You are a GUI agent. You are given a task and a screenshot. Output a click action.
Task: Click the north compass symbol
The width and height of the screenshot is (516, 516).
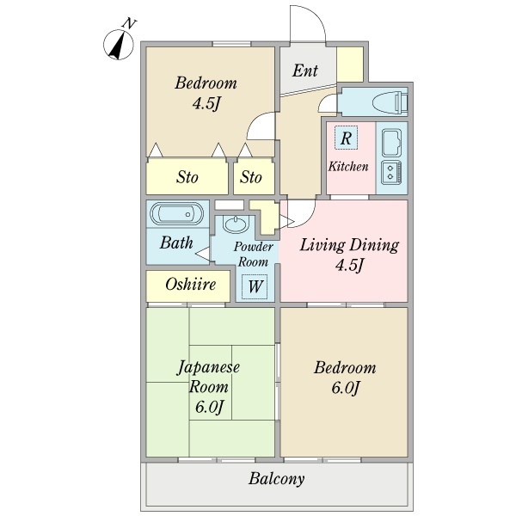coord(119,45)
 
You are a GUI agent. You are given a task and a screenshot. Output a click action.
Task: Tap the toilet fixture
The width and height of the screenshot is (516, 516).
coord(390,101)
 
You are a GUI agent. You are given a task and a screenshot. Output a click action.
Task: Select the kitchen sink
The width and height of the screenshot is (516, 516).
coord(391,143)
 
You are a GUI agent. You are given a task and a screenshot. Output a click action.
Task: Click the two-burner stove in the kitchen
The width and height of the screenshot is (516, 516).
coord(391,173)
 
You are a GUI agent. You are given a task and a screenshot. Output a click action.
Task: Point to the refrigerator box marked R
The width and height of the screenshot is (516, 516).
coord(346,138)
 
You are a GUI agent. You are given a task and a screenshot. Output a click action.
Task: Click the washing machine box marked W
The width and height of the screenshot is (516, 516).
coord(255,286)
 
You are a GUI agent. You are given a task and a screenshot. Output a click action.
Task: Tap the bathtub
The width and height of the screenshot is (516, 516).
coord(176,214)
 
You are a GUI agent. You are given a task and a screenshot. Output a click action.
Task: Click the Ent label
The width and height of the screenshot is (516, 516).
coord(305,71)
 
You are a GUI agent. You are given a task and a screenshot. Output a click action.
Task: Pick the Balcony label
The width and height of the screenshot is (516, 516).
coord(276,479)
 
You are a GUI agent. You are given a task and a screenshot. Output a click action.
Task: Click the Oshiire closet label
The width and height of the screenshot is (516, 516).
coord(191,285)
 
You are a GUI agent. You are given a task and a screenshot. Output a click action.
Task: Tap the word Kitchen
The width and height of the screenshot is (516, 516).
coord(348,166)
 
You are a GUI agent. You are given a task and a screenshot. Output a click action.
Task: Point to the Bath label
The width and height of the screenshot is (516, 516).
coord(176,243)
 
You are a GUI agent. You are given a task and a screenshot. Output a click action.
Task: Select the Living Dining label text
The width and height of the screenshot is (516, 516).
coord(349,245)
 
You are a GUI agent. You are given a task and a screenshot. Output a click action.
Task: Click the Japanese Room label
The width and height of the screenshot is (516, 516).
coord(208,377)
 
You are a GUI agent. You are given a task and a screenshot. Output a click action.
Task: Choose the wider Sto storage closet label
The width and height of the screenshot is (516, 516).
coord(187,177)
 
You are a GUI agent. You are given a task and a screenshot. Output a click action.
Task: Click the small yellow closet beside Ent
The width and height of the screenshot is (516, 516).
coord(350,64)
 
